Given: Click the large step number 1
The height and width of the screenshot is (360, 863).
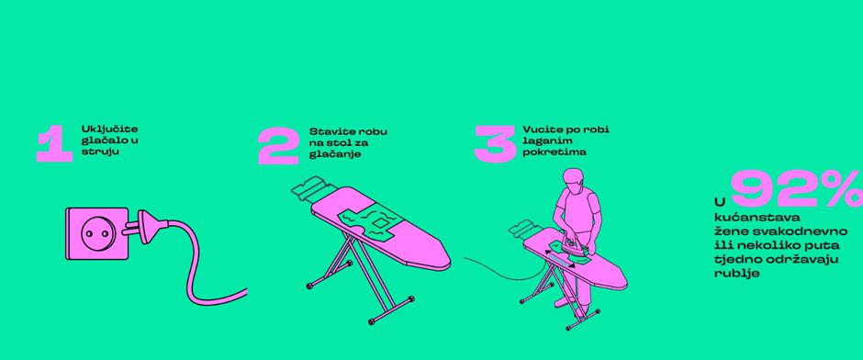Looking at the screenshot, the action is tap(55, 145).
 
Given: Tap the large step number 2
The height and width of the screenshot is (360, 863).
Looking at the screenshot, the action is tap(278, 146).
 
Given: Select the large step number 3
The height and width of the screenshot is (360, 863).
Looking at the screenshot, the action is tap(494, 144).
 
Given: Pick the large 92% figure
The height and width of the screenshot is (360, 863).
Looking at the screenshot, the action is tap(796, 189).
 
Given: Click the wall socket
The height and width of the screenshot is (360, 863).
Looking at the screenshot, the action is tap(97, 233).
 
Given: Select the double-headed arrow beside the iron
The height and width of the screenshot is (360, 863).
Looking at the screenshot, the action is tap(560, 258).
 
